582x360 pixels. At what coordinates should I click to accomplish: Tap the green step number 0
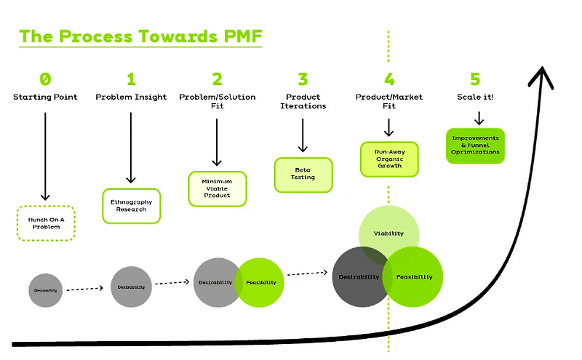point(45,79)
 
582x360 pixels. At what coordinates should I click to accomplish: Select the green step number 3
point(303,79)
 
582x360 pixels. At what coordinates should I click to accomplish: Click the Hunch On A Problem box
point(46,223)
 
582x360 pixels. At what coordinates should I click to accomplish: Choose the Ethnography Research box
point(131,205)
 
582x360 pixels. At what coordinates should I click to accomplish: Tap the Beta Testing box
point(303,175)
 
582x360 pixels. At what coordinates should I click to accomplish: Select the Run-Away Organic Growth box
point(389,159)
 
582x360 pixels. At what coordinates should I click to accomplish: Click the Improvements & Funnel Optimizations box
point(475,145)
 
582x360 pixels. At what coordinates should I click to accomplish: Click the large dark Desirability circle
point(360,277)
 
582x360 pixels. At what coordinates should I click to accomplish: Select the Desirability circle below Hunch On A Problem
point(45,289)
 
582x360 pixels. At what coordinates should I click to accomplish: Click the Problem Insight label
point(131,97)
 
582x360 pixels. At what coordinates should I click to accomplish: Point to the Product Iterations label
point(303,101)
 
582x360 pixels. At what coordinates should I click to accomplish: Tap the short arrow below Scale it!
point(478,118)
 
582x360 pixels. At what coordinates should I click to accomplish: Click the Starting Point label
point(45,97)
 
